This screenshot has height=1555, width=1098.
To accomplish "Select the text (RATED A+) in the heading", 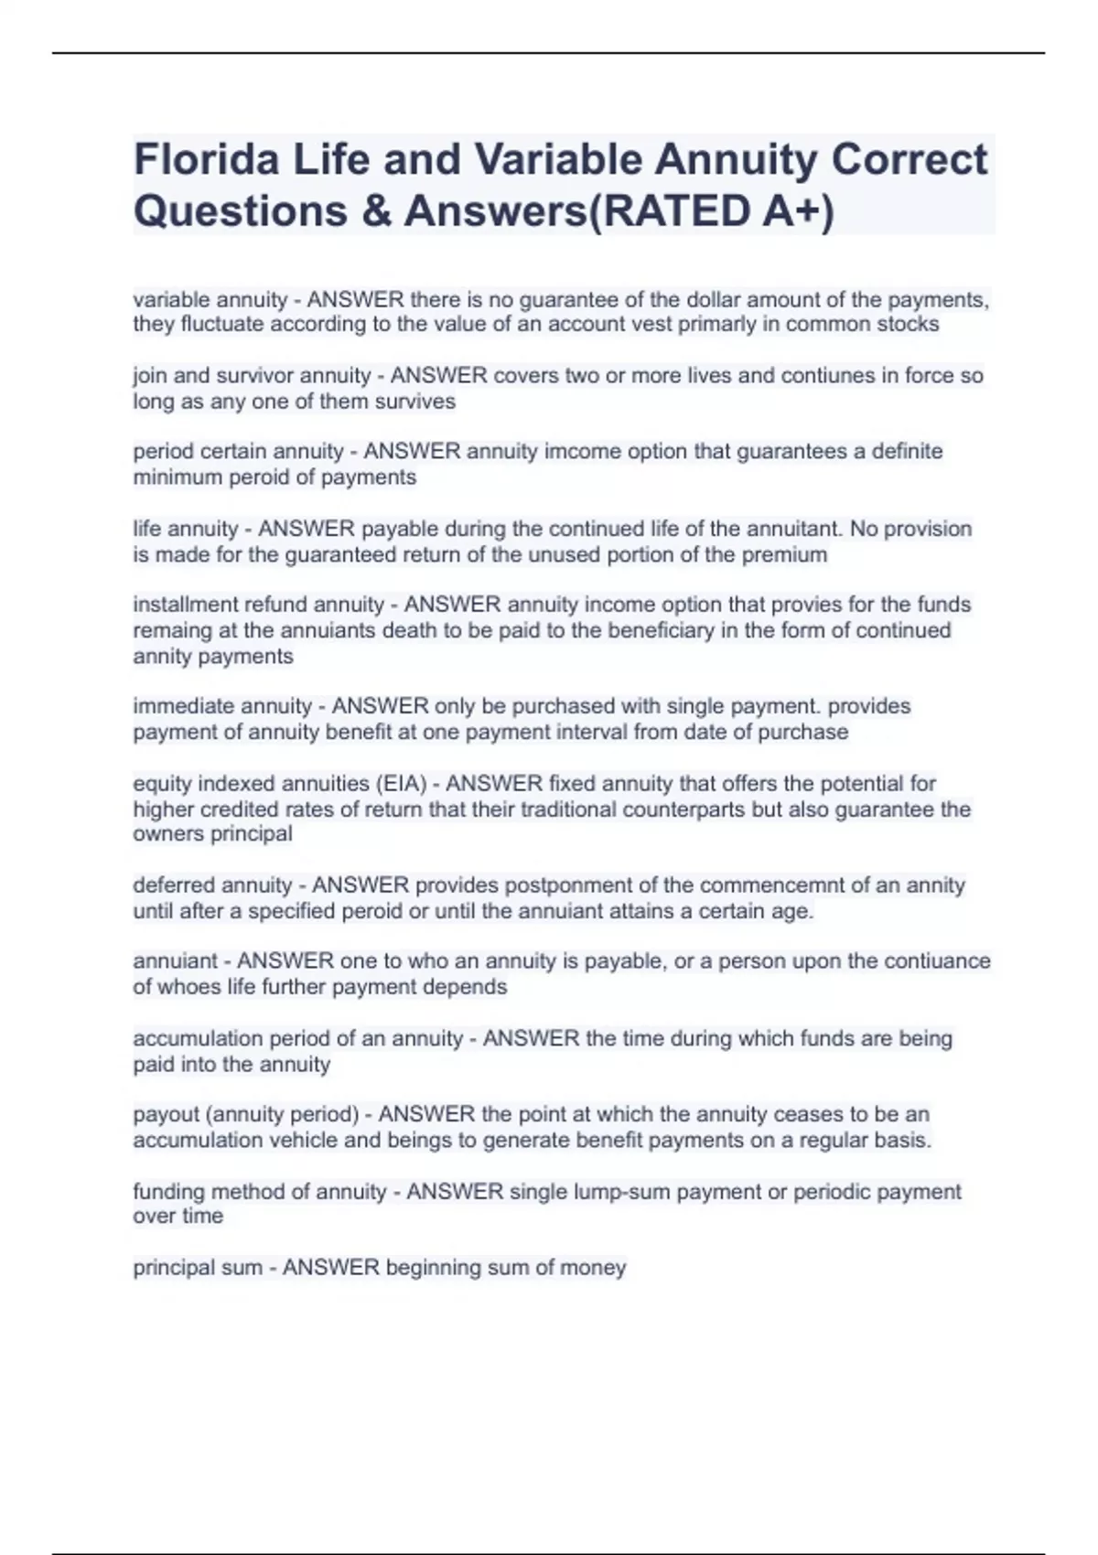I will point(708,211).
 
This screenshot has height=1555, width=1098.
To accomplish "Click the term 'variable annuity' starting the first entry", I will point(210,300).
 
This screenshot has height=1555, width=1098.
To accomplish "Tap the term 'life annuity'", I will point(186,529).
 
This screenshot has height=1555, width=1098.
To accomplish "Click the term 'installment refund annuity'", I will point(258,605).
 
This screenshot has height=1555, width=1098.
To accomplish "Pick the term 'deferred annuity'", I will point(212,885).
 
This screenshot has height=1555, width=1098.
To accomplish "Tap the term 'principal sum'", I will point(197,1268).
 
